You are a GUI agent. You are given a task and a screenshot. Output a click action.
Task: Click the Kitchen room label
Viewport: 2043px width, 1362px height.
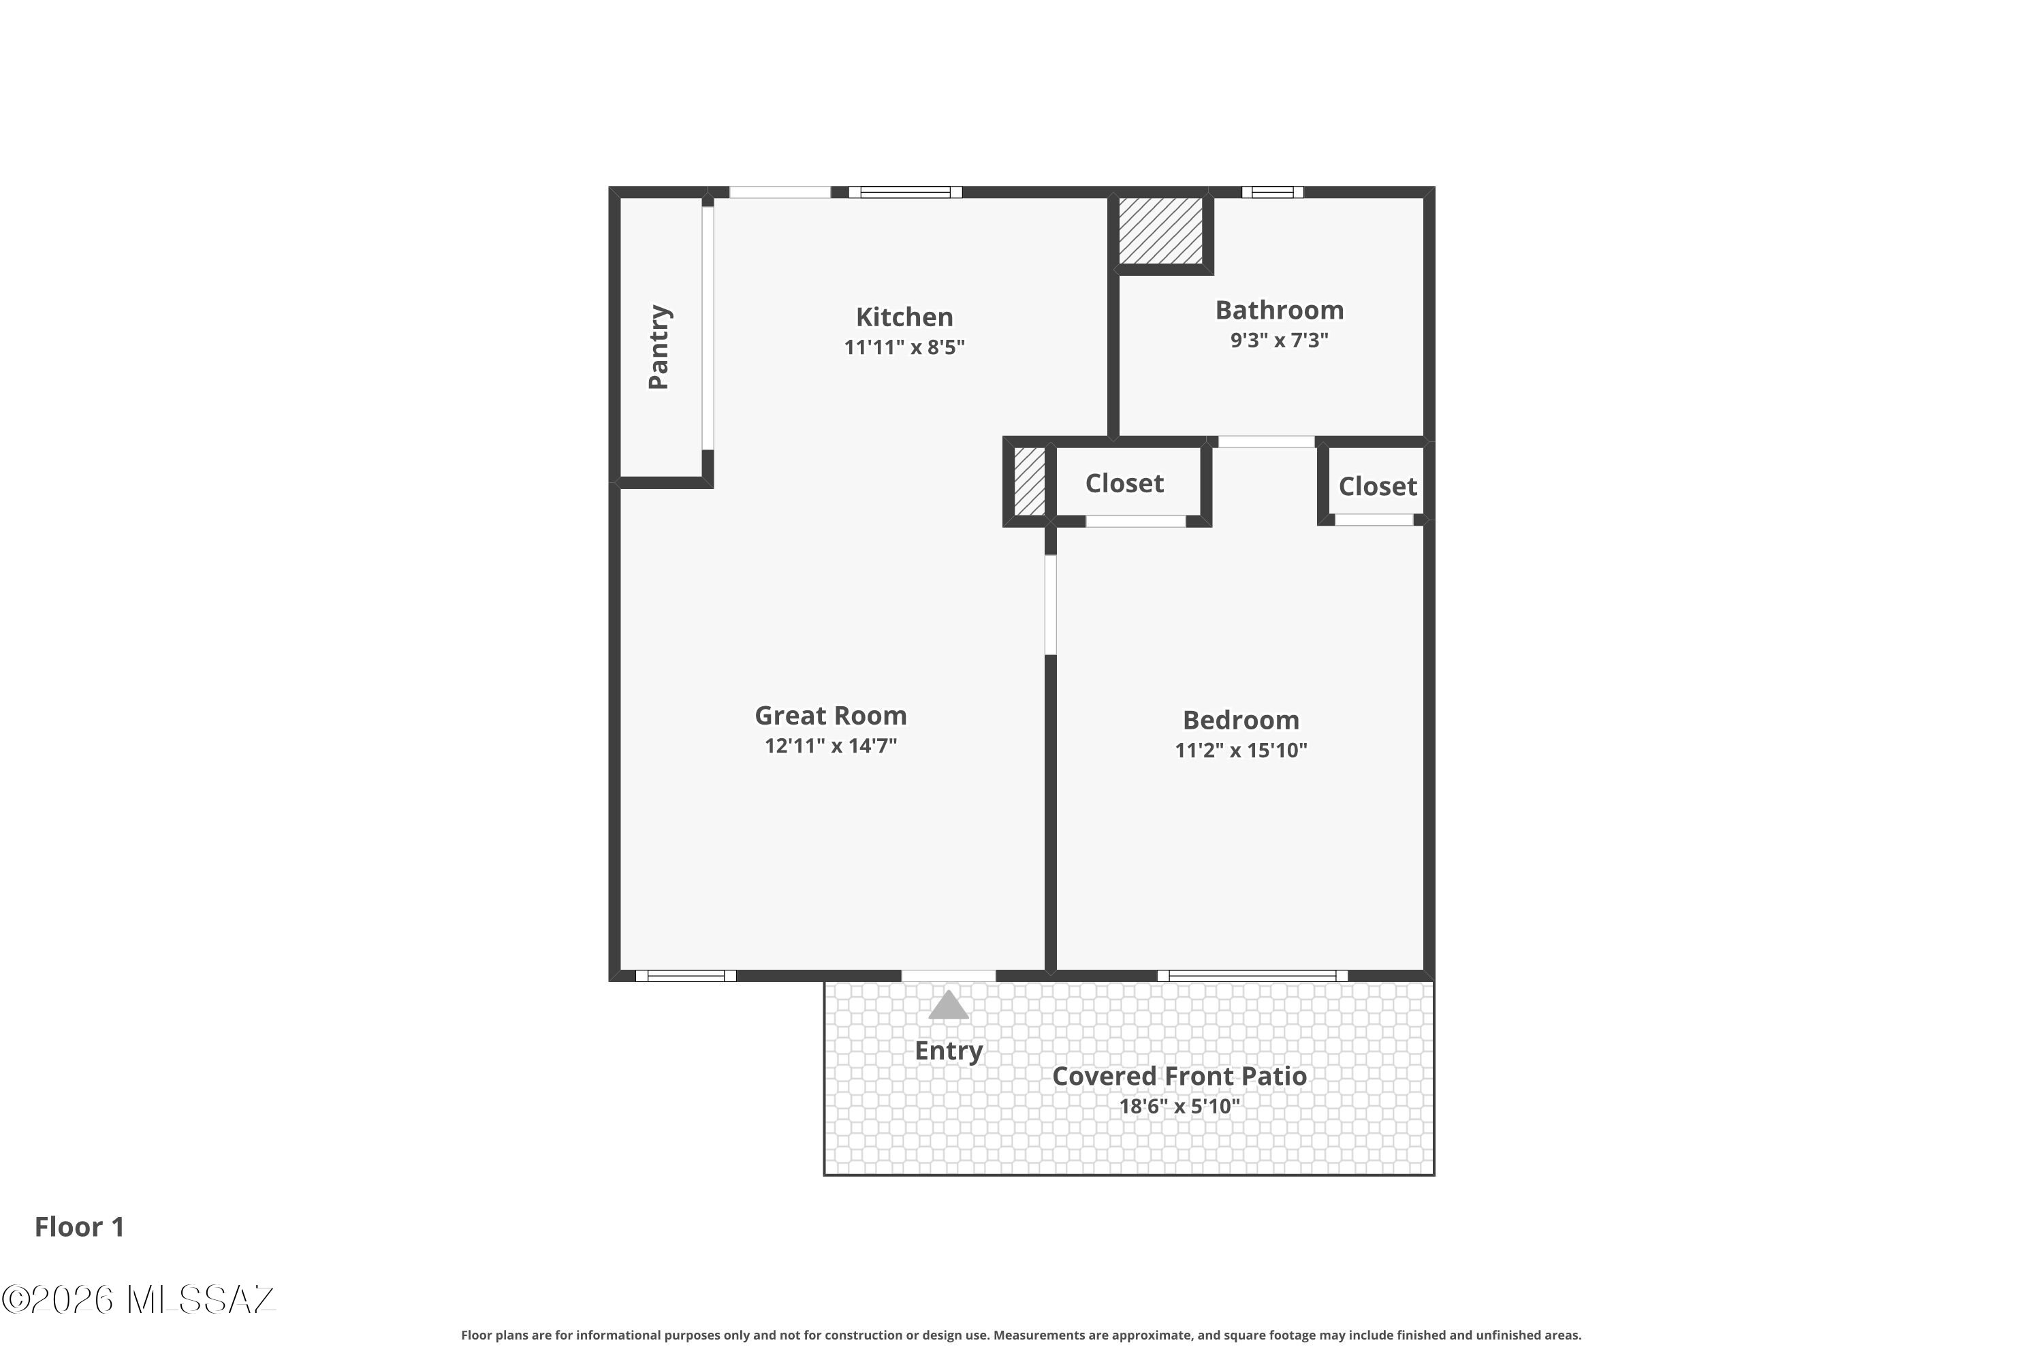[904, 317]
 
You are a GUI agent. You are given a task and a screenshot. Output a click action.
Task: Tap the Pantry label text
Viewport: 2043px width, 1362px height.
[659, 347]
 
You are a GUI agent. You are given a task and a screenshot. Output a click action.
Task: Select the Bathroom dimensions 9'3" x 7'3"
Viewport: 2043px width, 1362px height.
[1279, 340]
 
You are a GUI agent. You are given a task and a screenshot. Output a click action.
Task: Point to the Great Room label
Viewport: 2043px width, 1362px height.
[830, 715]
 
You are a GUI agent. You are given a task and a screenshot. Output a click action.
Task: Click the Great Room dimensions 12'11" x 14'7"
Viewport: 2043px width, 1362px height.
[830, 745]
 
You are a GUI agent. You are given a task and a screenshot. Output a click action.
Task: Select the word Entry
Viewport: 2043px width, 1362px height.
[949, 1051]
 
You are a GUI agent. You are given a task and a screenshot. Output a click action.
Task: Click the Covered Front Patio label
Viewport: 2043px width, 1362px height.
[1179, 1076]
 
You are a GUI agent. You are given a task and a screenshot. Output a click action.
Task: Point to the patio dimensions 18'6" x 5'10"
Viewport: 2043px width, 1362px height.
[1179, 1106]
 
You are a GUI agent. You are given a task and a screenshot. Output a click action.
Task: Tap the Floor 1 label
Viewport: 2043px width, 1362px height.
[80, 1226]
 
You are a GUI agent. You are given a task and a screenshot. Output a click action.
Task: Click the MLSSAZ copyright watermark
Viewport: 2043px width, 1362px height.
[139, 1299]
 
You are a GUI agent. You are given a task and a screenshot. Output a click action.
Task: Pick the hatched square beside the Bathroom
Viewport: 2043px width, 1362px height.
[1160, 231]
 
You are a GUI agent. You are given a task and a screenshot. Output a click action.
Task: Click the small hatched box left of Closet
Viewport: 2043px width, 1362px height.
[1029, 481]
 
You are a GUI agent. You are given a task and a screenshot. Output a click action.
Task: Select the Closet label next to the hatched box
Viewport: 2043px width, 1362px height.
[1124, 483]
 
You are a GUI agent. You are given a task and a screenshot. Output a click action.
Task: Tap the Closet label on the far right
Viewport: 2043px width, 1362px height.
[1378, 486]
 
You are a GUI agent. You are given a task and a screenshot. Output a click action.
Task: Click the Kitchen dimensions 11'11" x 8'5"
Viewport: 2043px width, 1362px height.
[904, 347]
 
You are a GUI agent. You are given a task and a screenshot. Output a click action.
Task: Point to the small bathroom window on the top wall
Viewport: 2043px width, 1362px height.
[1273, 192]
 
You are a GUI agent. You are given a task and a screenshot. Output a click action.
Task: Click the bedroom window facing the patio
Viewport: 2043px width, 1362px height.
[1252, 975]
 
